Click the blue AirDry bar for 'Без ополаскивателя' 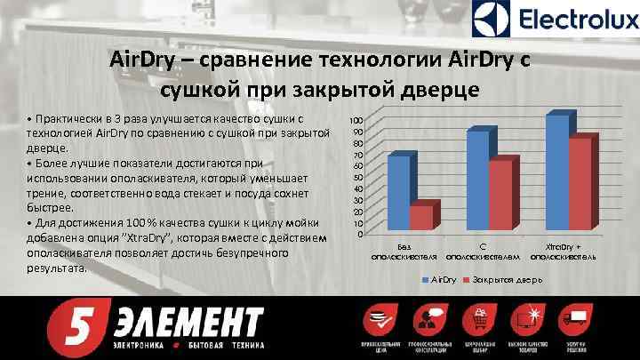pos(399,192)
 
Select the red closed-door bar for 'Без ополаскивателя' pos(421,217)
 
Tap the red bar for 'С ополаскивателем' pos(500,195)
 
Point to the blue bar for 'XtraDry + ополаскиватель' pos(556,172)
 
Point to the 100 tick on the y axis pos(355,120)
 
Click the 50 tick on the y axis pos(356,177)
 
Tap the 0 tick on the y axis pos(358,234)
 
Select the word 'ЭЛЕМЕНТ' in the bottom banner pos(187,319)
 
